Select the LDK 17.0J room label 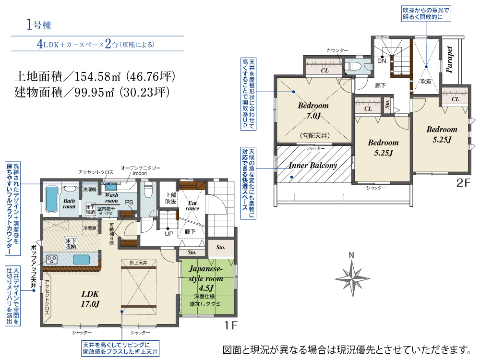click(90, 299)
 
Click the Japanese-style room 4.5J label click(208, 278)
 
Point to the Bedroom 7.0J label click(313, 110)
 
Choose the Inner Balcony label click(313, 166)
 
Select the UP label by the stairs click(169, 234)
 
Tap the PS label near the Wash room click(129, 202)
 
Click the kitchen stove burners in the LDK click(51, 259)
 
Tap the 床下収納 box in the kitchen click(71, 243)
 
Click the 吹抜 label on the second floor click(426, 81)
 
